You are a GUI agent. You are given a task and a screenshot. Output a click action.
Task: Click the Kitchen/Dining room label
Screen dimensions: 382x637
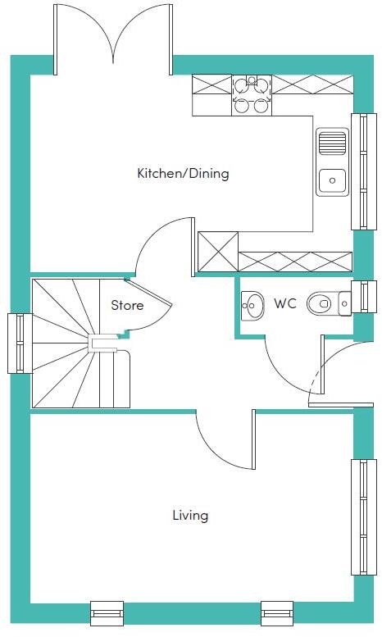(184, 174)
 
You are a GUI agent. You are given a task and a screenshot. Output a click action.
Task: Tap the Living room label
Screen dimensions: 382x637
(190, 516)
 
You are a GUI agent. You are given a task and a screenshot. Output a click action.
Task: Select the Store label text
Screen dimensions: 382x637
(127, 305)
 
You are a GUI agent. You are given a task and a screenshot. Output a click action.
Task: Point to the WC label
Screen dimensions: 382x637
(285, 303)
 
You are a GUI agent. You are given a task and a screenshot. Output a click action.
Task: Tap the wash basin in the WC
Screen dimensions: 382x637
(252, 306)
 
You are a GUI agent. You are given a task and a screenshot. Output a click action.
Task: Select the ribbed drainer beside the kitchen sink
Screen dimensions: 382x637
(333, 142)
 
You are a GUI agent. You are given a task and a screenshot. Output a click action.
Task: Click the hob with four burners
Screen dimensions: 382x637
(252, 95)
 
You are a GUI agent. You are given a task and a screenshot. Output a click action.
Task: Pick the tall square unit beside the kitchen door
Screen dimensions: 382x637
(217, 252)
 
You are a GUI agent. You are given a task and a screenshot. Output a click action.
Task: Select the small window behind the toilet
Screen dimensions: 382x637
(364, 297)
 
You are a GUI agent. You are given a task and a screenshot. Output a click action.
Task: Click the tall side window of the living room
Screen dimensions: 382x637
(364, 516)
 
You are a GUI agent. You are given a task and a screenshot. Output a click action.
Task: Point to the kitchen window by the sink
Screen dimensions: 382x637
(364, 171)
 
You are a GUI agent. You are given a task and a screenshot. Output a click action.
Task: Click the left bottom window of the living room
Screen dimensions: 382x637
(107, 612)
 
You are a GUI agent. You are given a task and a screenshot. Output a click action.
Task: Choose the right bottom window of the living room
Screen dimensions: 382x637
(277, 612)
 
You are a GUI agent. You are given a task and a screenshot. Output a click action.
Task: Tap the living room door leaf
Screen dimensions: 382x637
(253, 439)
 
